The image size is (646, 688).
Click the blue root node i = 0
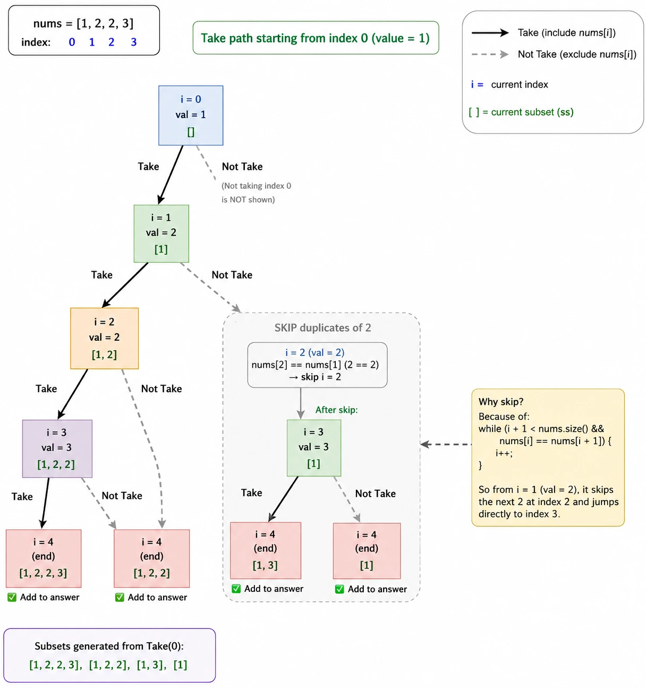pyautogui.click(x=191, y=115)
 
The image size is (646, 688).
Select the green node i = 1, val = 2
pyautogui.click(x=161, y=233)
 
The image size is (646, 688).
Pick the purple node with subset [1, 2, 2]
pyautogui.click(x=57, y=449)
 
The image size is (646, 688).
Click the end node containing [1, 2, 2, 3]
pyautogui.click(x=44, y=558)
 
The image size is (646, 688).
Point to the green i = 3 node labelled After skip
pyautogui.click(x=314, y=448)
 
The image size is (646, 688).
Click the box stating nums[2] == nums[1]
pyautogui.click(x=318, y=365)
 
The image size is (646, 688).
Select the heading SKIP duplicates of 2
pyautogui.click(x=322, y=328)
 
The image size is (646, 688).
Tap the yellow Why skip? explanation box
pyautogui.click(x=548, y=458)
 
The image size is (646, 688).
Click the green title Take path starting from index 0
pyautogui.click(x=316, y=38)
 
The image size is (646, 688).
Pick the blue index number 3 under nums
pyautogui.click(x=134, y=42)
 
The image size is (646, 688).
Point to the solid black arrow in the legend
pyautogui.click(x=490, y=33)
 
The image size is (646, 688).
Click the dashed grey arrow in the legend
pyautogui.click(x=490, y=54)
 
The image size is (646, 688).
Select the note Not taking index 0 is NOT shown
pyautogui.click(x=256, y=192)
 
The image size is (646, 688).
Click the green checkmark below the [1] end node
pyautogui.click(x=339, y=589)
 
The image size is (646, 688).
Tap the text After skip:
pyautogui.click(x=336, y=410)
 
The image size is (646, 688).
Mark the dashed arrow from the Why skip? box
pyautogui.click(x=446, y=444)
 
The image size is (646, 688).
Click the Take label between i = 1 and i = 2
pyautogui.click(x=102, y=275)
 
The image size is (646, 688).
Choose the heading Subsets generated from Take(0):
pyautogui.click(x=109, y=646)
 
